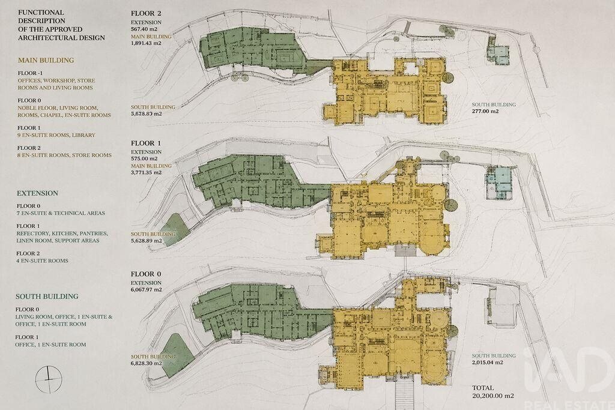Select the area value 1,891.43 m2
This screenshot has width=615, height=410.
click(147, 43)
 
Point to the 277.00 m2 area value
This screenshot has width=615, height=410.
click(485, 111)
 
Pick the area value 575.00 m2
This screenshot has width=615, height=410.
click(144, 158)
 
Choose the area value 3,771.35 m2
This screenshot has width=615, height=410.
click(147, 172)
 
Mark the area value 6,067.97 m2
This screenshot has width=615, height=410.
click(147, 290)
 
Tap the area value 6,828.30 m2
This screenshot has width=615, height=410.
click(147, 363)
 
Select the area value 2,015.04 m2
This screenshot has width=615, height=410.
click(488, 363)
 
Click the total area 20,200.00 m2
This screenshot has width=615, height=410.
click(493, 396)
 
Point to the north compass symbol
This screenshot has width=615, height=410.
click(49, 379)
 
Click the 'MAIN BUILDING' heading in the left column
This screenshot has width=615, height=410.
click(46, 61)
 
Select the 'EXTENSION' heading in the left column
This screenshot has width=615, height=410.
click(37, 193)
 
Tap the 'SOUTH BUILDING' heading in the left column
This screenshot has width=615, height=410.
click(47, 297)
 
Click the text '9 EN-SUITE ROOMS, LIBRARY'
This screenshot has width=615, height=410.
click(56, 135)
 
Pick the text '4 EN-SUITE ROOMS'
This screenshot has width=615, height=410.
click(43, 261)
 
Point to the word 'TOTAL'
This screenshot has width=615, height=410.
click(483, 388)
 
